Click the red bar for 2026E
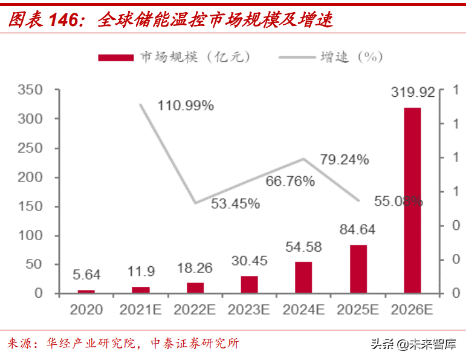[x=412, y=200]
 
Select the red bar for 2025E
[x=358, y=269]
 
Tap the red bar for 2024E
[x=303, y=277]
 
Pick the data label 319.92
[x=413, y=93]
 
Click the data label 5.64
[x=86, y=275]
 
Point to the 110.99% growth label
[x=186, y=106]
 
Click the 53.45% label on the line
[x=235, y=204]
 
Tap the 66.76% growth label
[x=290, y=181]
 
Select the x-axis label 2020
[x=86, y=310]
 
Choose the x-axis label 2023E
[x=249, y=310]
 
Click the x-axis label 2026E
[x=412, y=310]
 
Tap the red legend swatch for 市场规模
[x=115, y=57]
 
